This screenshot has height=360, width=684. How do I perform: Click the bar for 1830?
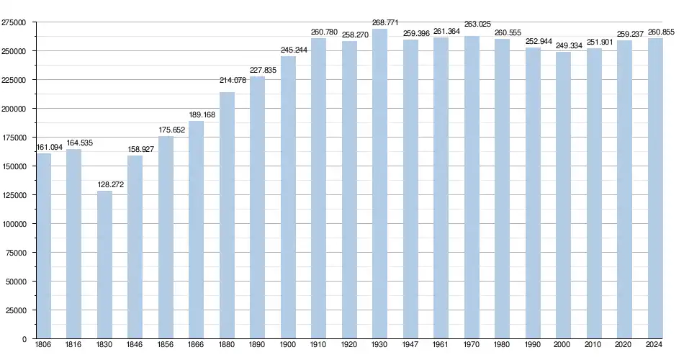(104, 265)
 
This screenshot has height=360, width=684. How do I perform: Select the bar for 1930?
(380, 184)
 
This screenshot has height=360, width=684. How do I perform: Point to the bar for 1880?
(227, 215)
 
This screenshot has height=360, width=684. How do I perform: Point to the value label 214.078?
(233, 80)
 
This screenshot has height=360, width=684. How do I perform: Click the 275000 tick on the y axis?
(14, 22)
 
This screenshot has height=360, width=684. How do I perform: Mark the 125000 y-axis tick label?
(14, 195)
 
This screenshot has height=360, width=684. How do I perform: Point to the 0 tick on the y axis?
(24, 339)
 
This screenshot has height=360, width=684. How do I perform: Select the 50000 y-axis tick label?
(17, 282)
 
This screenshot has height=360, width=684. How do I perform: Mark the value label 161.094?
(49, 148)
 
